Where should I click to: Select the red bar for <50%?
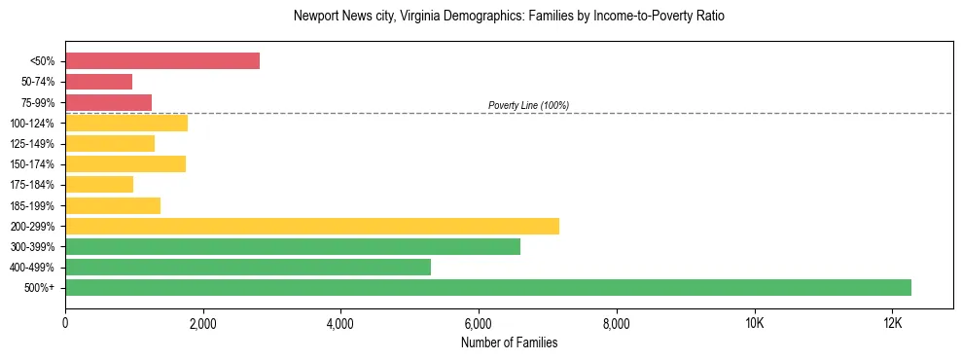click(162, 60)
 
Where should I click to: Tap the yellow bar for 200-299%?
click(312, 226)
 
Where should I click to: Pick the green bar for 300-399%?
click(293, 246)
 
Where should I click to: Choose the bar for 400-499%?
click(248, 267)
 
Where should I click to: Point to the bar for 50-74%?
click(98, 81)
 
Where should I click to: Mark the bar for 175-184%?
click(99, 184)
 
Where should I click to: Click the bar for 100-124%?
click(126, 123)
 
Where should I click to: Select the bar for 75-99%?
click(108, 102)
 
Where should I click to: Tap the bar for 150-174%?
click(125, 163)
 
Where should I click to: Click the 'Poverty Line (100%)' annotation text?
click(528, 105)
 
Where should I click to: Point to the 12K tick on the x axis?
click(892, 324)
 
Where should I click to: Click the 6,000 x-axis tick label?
click(479, 324)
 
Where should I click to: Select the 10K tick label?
click(755, 324)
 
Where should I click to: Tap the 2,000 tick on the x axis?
click(203, 324)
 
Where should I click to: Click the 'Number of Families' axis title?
click(509, 342)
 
